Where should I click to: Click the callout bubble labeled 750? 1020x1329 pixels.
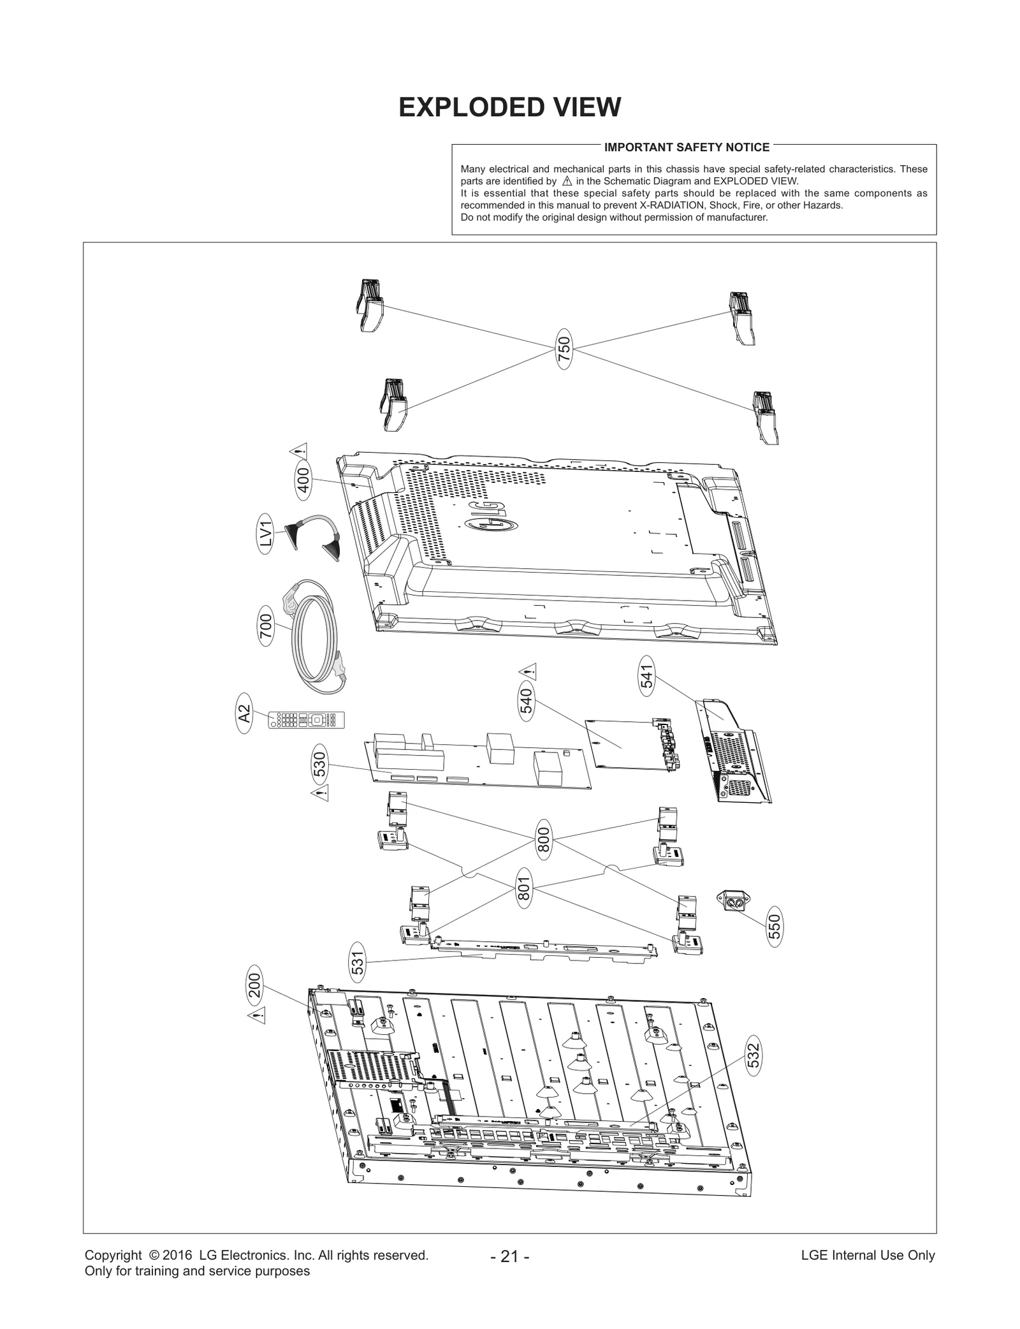point(564,348)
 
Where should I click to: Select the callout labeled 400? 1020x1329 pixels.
point(304,480)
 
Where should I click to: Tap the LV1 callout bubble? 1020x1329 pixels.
point(266,534)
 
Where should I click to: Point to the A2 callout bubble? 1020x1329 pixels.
point(244,714)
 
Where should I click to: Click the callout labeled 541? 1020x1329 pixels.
point(647,677)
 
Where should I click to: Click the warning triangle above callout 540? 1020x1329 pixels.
point(528,671)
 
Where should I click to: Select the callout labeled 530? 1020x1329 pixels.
point(320,763)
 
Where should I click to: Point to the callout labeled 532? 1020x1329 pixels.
point(754,1057)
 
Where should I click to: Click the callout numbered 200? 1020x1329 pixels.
point(254,985)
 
